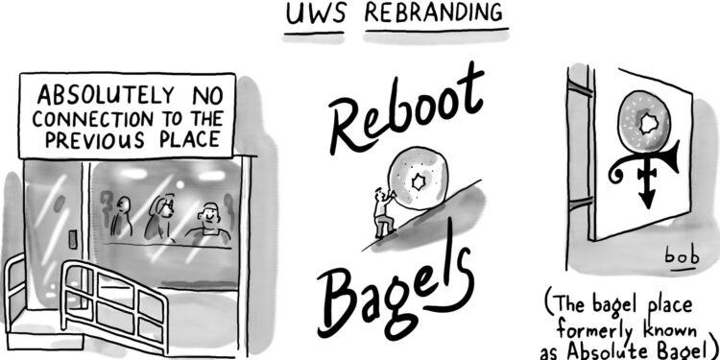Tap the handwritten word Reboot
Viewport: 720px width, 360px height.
[x=403, y=111]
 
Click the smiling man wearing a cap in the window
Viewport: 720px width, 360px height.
[x=209, y=222]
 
